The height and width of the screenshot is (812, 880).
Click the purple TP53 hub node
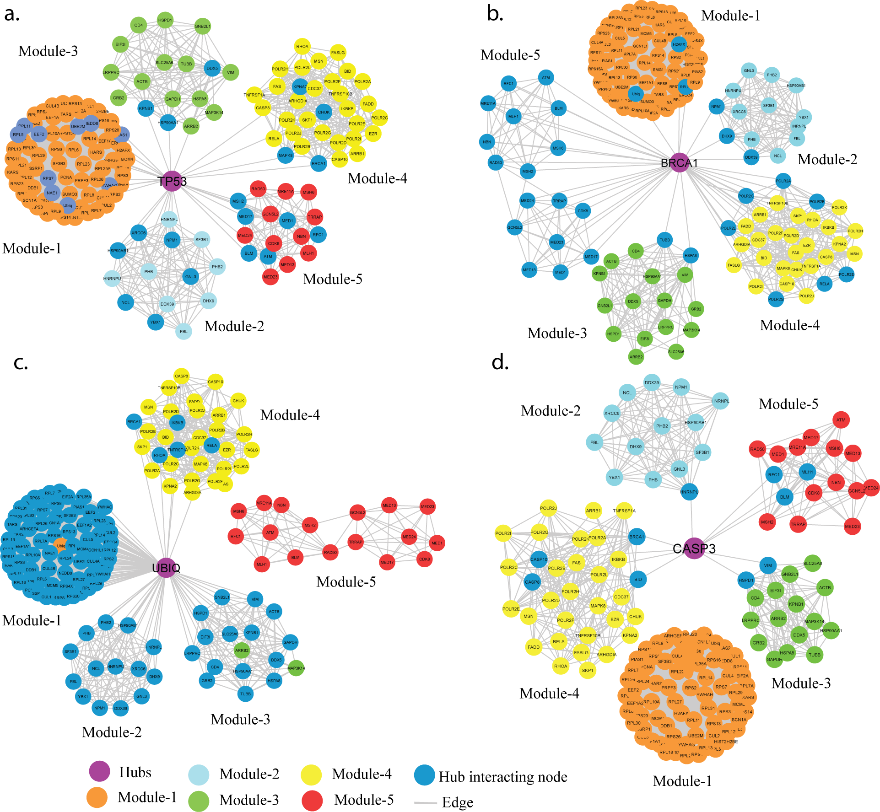[x=172, y=181]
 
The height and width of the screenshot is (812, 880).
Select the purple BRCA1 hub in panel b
[x=680, y=163]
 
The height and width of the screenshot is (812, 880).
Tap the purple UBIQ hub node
[x=166, y=568]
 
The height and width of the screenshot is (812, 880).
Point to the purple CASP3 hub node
[x=694, y=548]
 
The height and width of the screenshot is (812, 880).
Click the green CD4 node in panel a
[x=138, y=25]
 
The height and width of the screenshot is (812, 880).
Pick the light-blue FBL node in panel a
[x=184, y=331]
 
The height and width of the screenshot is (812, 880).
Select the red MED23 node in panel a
[x=270, y=276]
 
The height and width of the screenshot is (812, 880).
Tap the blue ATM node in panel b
[x=546, y=77]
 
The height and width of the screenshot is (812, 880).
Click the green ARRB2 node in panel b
[x=636, y=356]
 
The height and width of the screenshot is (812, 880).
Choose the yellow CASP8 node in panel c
[x=182, y=376]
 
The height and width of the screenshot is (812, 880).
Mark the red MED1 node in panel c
[x=437, y=543]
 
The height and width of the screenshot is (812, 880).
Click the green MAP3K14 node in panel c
[x=296, y=668]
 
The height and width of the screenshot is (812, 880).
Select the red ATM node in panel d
[x=841, y=419]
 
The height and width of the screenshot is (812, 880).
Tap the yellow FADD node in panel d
[x=534, y=647]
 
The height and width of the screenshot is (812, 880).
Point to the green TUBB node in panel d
[x=815, y=655]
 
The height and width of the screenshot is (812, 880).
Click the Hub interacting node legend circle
[x=424, y=774]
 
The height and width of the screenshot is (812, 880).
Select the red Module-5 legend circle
[x=313, y=800]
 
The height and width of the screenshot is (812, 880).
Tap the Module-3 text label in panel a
[x=48, y=51]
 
